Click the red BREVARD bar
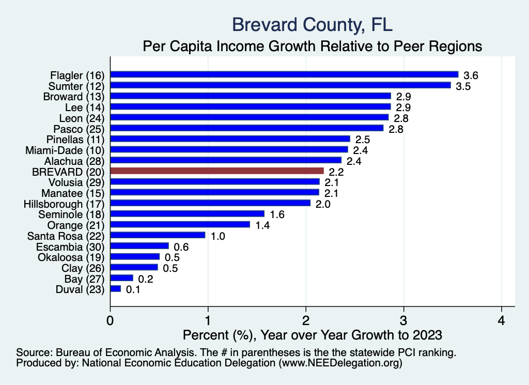(217, 171)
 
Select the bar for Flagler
(284, 74)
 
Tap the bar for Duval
(116, 289)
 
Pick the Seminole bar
(187, 214)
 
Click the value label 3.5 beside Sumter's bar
(463, 86)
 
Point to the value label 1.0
(218, 237)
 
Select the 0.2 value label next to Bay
(146, 280)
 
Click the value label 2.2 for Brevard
(337, 172)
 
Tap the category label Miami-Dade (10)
(65, 150)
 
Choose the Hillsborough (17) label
(64, 204)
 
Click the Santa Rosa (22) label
(66, 236)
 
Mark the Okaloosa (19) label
(71, 257)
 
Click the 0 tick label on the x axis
(111, 320)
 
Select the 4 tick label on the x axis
(501, 320)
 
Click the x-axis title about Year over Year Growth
(313, 335)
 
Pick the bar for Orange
(180, 225)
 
